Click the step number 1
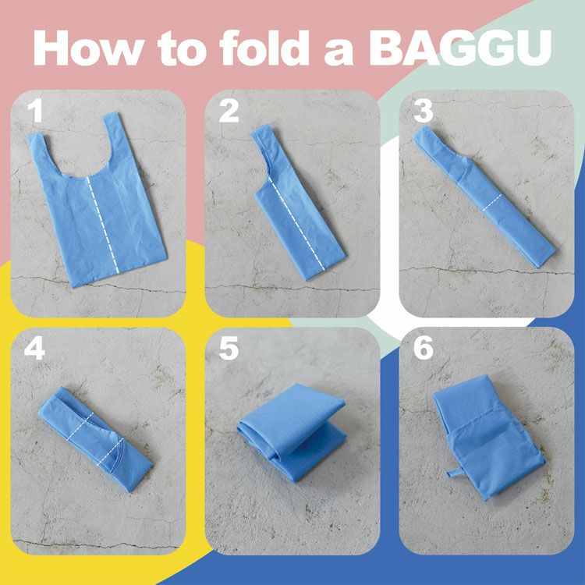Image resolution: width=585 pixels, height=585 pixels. [35, 112]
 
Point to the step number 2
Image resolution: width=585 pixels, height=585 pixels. [229, 112]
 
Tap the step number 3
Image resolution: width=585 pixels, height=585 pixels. [423, 112]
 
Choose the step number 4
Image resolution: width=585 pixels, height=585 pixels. [35, 349]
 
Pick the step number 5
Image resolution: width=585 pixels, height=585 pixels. [229, 349]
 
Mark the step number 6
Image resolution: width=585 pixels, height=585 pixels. [423, 349]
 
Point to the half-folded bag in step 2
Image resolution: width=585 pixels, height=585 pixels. [292, 211]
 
